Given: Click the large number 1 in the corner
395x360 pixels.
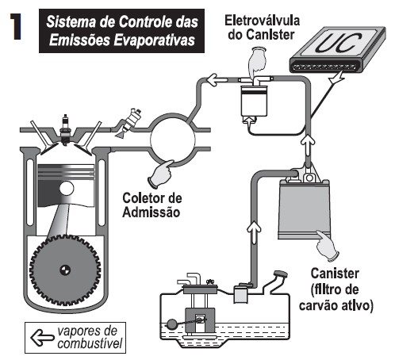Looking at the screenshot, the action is pyautogui.click(x=16, y=27).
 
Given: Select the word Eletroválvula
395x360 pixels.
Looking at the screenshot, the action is pyautogui.click(x=262, y=21).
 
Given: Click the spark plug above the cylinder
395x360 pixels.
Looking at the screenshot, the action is pyautogui.click(x=65, y=129).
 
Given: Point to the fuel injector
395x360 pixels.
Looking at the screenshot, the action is pyautogui.click(x=129, y=123).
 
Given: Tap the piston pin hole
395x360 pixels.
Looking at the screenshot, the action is pyautogui.click(x=67, y=189).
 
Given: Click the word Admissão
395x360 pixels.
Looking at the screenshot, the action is pyautogui.click(x=151, y=212).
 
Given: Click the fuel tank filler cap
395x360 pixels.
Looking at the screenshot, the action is pyautogui.click(x=281, y=274).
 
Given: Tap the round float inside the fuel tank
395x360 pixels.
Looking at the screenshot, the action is pyautogui.click(x=172, y=324).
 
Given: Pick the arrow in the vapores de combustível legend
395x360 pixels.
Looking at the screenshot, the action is pyautogui.click(x=42, y=338).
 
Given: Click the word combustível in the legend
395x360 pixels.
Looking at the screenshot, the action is pyautogui.click(x=90, y=344).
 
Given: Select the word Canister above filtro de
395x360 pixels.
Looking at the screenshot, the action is pyautogui.click(x=335, y=274).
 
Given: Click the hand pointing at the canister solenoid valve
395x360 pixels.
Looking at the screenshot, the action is pyautogui.click(x=257, y=62).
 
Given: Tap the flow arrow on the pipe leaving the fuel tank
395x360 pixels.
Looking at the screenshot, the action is pyautogui.click(x=254, y=232).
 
